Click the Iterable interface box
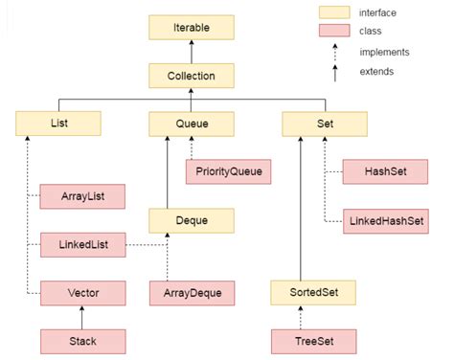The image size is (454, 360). click(x=192, y=27)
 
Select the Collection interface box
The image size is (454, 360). click(x=192, y=76)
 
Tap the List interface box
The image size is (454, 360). click(x=58, y=124)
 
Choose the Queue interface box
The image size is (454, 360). click(x=192, y=124)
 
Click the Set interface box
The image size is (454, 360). click(x=325, y=124)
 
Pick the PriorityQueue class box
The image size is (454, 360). click(x=227, y=172)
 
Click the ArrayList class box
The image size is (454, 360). click(x=82, y=196)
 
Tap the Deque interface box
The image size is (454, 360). click(x=192, y=220)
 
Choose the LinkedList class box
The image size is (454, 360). click(x=82, y=245)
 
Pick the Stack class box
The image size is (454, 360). click(x=82, y=339)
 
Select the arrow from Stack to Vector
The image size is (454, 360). click(x=82, y=315)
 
